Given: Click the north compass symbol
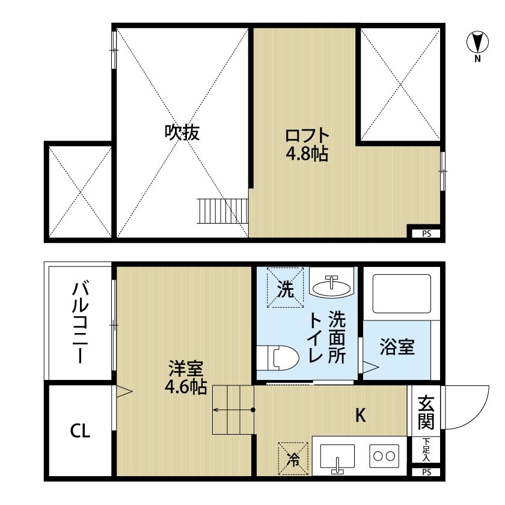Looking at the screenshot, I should click(x=477, y=43).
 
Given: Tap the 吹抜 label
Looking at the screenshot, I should click(x=182, y=132).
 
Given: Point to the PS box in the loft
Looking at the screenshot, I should click(x=426, y=234).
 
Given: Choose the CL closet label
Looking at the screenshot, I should click(x=80, y=430).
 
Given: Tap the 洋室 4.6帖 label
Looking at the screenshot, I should click(x=186, y=377).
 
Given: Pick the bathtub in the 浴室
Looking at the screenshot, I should click(x=402, y=293).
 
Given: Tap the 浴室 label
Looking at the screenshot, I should click(x=397, y=347).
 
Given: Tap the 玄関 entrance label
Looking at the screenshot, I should click(x=426, y=411).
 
